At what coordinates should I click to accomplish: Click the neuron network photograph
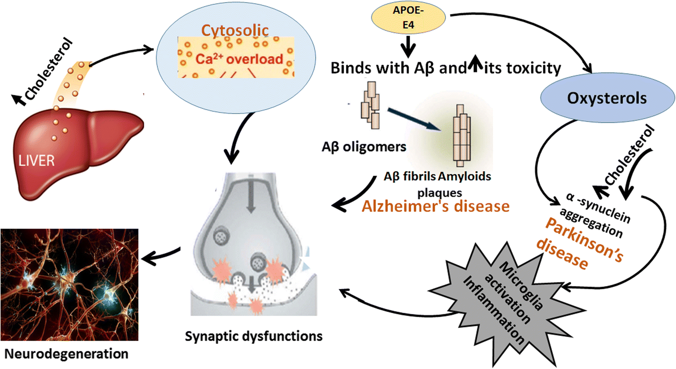click(70, 284)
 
